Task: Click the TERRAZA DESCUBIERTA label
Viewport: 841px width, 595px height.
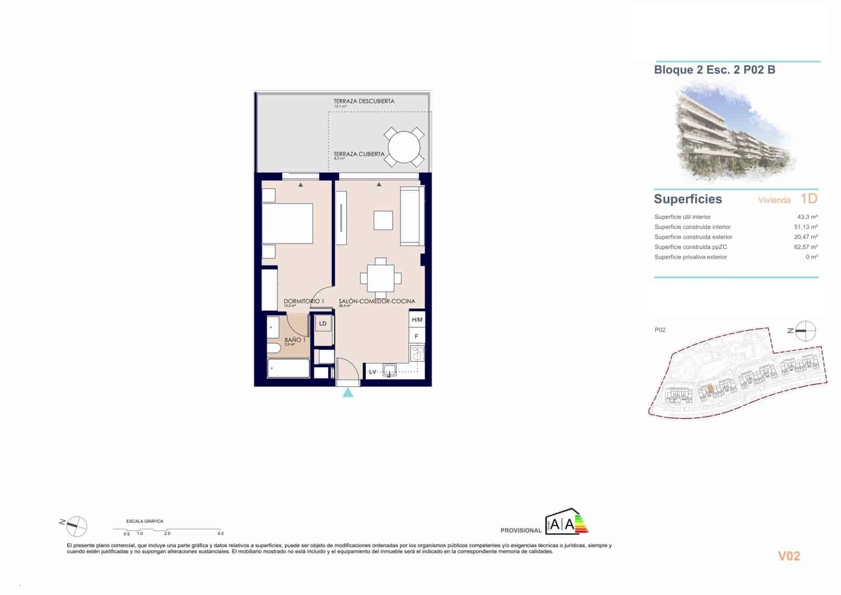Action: [364, 101]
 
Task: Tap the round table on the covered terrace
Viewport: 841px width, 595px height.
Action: [404, 147]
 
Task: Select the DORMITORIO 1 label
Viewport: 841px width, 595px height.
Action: [303, 301]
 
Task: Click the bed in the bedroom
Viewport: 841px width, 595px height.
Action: [288, 223]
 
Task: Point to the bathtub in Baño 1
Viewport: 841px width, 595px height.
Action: [289, 368]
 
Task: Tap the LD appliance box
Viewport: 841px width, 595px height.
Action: [323, 324]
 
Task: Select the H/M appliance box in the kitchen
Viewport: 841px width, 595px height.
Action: [417, 320]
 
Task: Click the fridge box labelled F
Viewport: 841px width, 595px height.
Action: [417, 336]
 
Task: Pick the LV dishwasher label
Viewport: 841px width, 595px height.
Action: [373, 372]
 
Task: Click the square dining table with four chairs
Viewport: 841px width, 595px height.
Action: [381, 278]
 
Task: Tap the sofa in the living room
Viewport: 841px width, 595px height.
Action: [412, 216]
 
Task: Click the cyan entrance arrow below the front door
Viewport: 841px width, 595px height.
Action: [348, 392]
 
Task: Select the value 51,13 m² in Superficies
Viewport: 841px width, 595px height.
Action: [806, 227]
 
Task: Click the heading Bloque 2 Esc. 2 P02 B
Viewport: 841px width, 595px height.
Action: [714, 69]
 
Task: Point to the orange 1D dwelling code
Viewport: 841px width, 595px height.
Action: [809, 198]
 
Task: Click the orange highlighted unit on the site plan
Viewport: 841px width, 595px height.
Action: [710, 389]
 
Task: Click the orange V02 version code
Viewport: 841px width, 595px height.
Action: [788, 556]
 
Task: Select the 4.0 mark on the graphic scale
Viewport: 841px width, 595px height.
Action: [220, 533]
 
